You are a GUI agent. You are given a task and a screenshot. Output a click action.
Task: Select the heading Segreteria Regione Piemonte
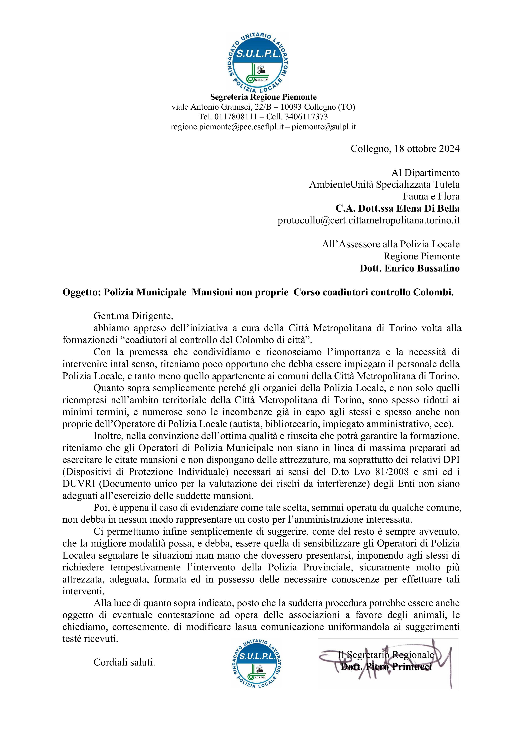pyautogui.click(x=263, y=97)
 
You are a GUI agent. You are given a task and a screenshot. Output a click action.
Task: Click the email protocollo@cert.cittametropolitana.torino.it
pyautogui.click(x=369, y=220)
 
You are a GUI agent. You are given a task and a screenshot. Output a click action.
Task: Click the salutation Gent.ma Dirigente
pyautogui.click(x=133, y=316)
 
